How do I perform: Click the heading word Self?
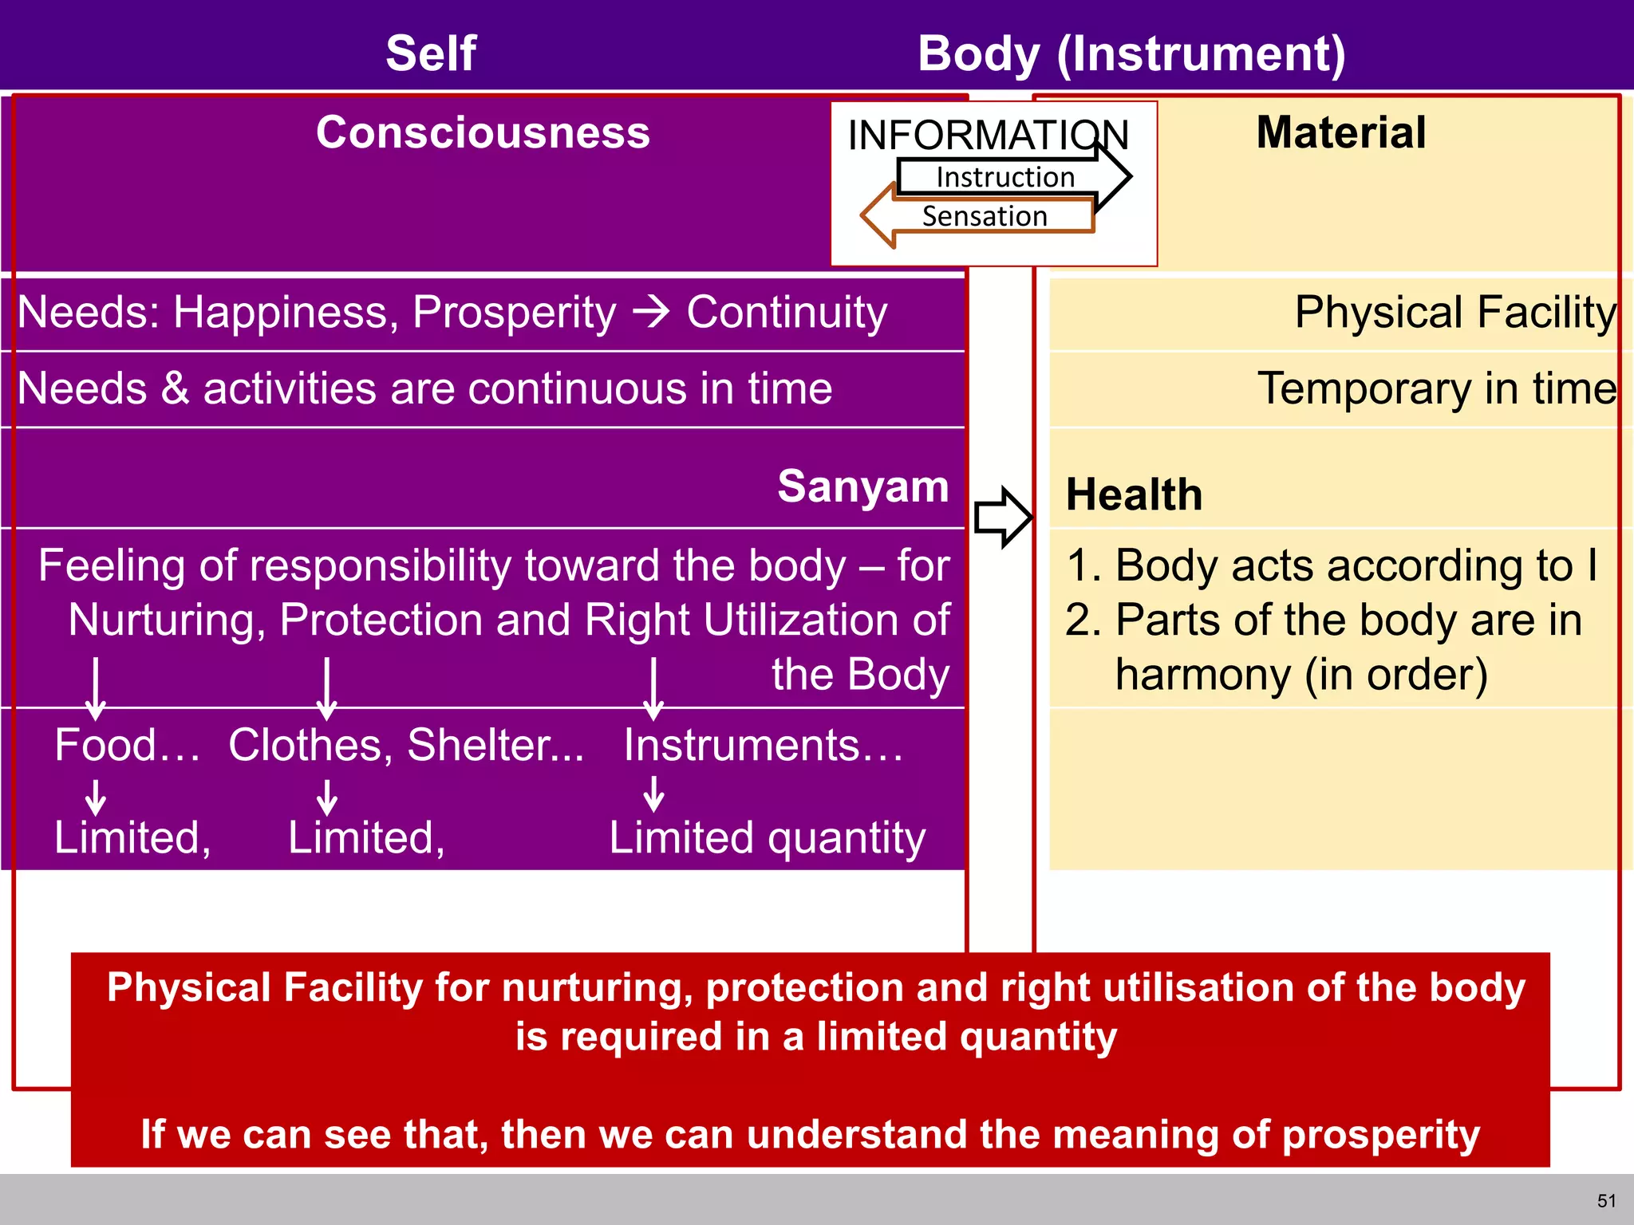tap(431, 53)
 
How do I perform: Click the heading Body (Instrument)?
tap(1131, 53)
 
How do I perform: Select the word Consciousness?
tap(483, 132)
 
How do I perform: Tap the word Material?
tap(1340, 132)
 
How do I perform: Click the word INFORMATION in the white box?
tap(988, 135)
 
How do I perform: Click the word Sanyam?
tap(862, 486)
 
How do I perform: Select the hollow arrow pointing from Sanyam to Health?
tap(1003, 517)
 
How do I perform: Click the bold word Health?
tap(1133, 494)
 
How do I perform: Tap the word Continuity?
tap(786, 312)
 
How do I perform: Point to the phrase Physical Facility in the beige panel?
tap(1454, 312)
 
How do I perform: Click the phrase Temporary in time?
tap(1436, 388)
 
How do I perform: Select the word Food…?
tap(127, 745)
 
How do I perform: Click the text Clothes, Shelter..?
tap(405, 745)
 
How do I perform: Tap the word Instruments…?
tap(763, 745)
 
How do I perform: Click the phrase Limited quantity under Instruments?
tap(767, 837)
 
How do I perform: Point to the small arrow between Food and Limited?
tap(96, 796)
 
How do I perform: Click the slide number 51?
tap(1606, 1201)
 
